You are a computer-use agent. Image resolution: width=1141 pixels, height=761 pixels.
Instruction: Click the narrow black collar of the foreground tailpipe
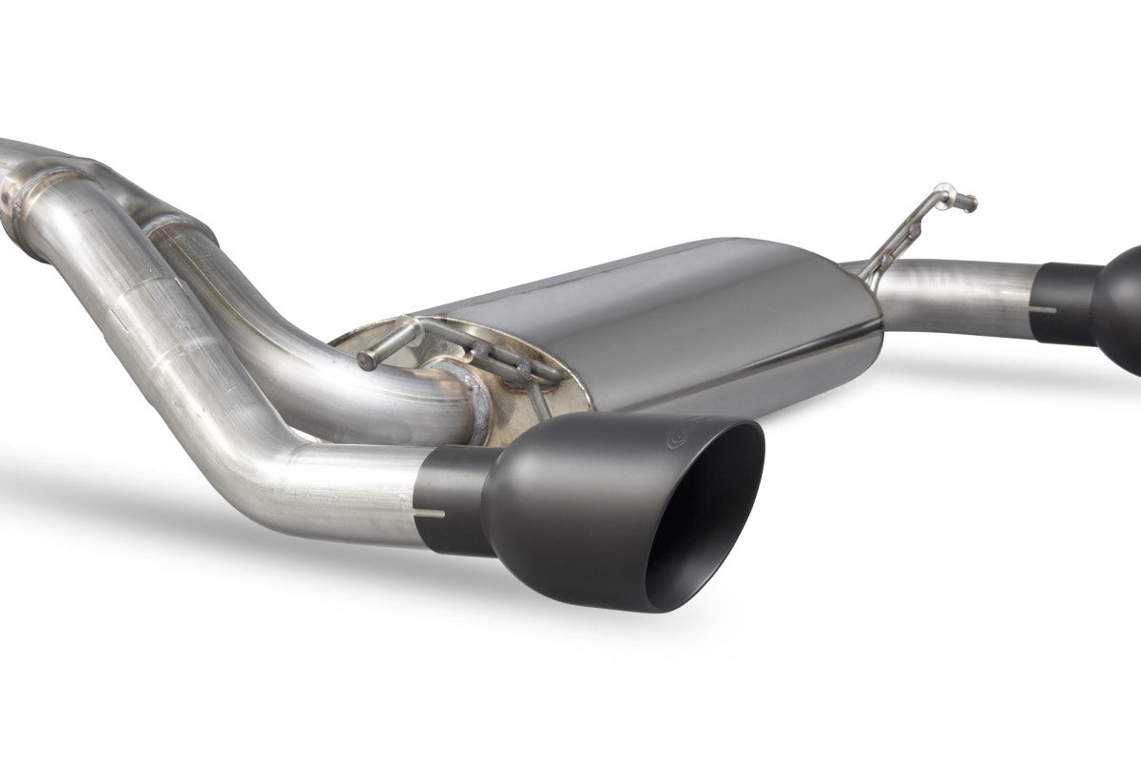[x=453, y=498]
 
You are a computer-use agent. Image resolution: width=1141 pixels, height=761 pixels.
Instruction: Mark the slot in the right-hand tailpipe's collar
[x=1047, y=309]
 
